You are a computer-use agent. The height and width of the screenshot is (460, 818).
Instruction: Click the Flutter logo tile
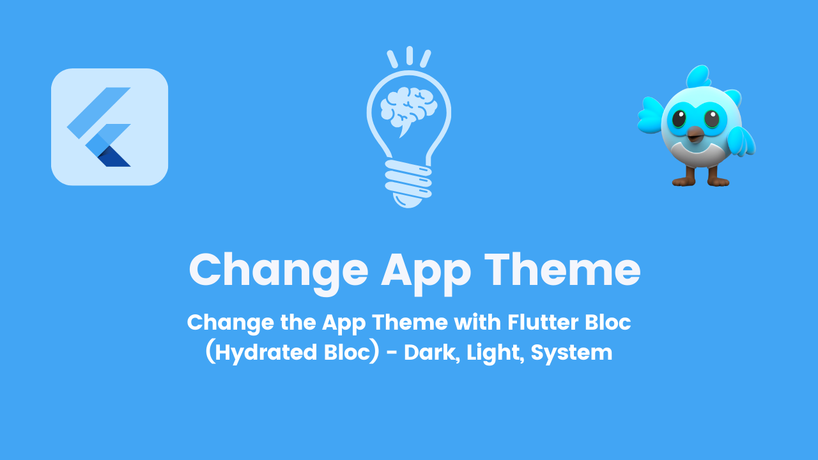pos(109,126)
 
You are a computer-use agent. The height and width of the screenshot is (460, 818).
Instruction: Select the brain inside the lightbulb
pos(408,108)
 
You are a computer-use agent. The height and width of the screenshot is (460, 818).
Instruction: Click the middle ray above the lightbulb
pos(409,55)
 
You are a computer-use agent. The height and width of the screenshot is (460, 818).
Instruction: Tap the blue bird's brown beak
pos(695,134)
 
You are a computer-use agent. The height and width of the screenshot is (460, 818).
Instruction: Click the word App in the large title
pos(426,271)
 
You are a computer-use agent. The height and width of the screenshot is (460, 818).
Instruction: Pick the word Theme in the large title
pos(562,270)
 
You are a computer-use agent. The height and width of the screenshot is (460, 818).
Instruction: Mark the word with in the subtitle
pos(477,322)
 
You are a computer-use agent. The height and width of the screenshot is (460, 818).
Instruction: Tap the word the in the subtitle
pos(297,322)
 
